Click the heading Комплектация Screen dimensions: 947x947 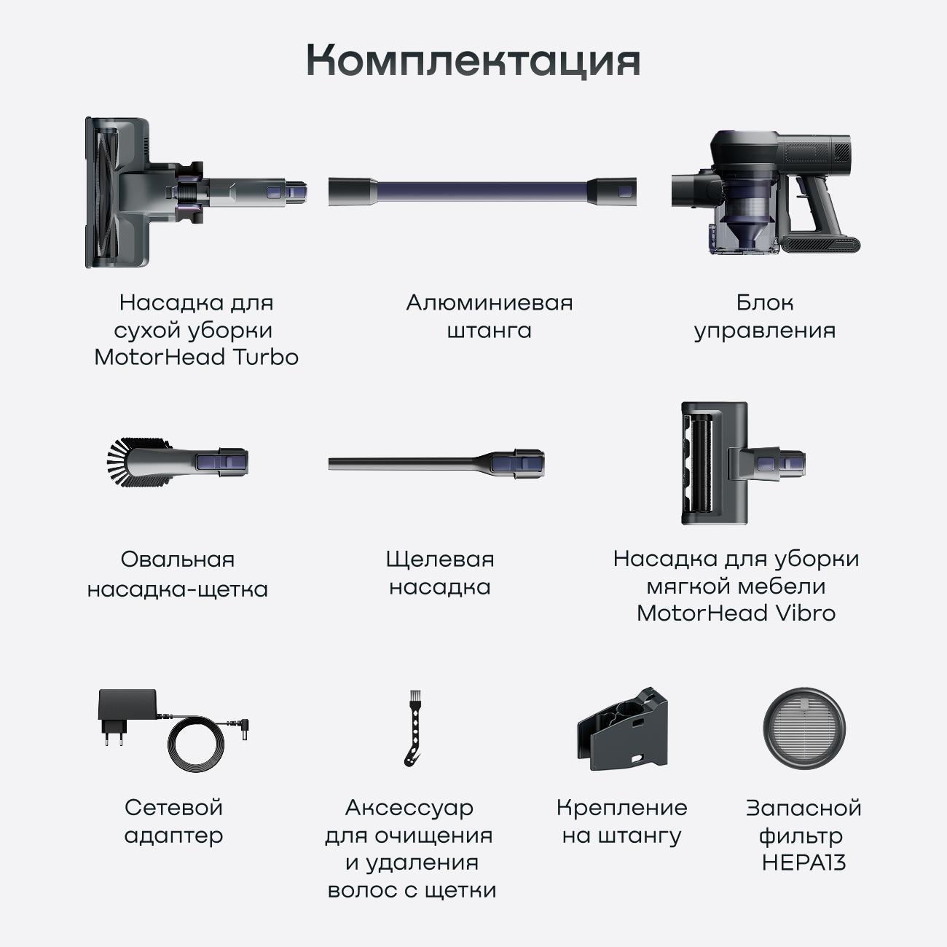pos(473,60)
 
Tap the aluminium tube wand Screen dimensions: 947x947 pos(482,192)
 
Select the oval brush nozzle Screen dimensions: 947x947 pos(178,462)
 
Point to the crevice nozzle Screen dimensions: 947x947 pos(436,463)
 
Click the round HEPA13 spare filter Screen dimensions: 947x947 pos(804,728)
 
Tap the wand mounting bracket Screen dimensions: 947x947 pos(622,728)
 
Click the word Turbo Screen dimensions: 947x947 pos(265,357)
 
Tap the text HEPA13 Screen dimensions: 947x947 pos(804,862)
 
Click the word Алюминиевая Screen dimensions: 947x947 pos(490,303)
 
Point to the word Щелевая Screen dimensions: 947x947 pos(440,559)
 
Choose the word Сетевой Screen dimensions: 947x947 pos(173,808)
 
